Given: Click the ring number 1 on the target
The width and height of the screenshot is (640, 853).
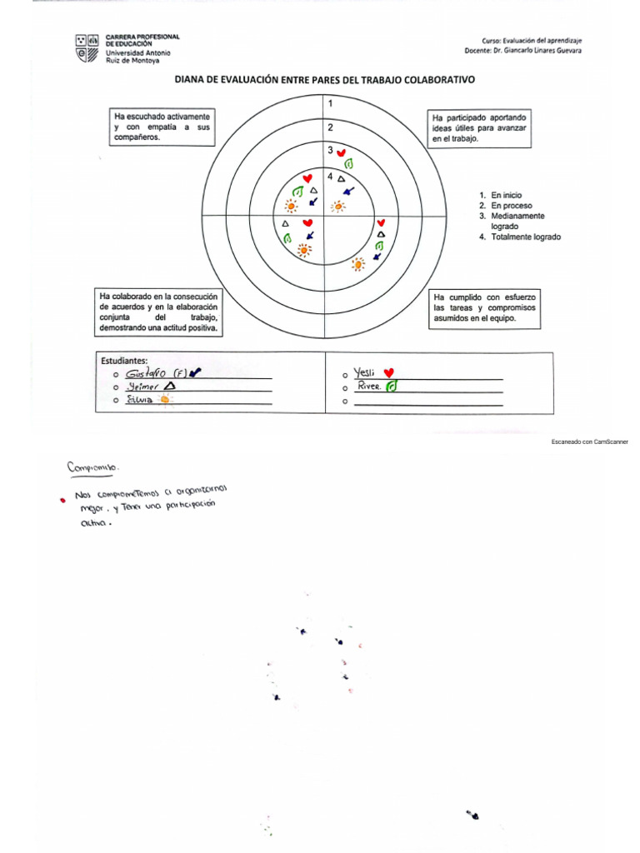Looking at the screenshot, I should click(331, 104).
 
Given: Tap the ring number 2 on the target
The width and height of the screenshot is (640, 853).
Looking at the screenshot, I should click(330, 127).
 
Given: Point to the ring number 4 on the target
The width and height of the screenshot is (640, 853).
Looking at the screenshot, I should click(330, 177).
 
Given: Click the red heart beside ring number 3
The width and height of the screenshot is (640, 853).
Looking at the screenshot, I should click(342, 153).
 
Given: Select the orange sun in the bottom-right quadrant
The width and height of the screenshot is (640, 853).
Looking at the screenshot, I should click(358, 264).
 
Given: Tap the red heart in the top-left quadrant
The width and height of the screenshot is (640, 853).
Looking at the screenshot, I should click(307, 179).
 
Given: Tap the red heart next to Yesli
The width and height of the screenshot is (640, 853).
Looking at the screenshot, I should click(388, 372).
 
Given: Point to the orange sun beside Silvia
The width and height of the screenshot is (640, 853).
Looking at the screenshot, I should click(165, 400).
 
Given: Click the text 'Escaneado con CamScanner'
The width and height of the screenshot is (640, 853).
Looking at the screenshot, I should click(590, 441).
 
